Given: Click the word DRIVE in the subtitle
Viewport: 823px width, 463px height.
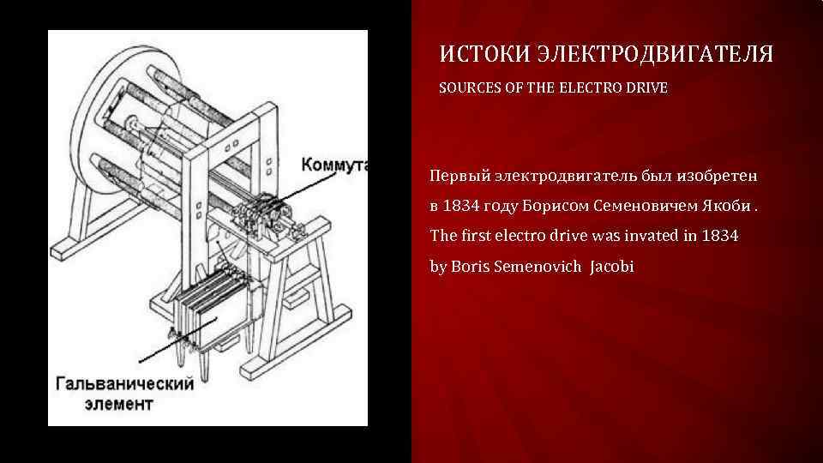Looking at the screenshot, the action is coord(645,87).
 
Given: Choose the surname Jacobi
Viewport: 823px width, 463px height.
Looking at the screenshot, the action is coord(611,267).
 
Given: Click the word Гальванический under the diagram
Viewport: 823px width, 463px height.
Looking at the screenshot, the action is coord(124,383).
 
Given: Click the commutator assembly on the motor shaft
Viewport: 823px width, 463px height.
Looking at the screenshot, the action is coord(261,210).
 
